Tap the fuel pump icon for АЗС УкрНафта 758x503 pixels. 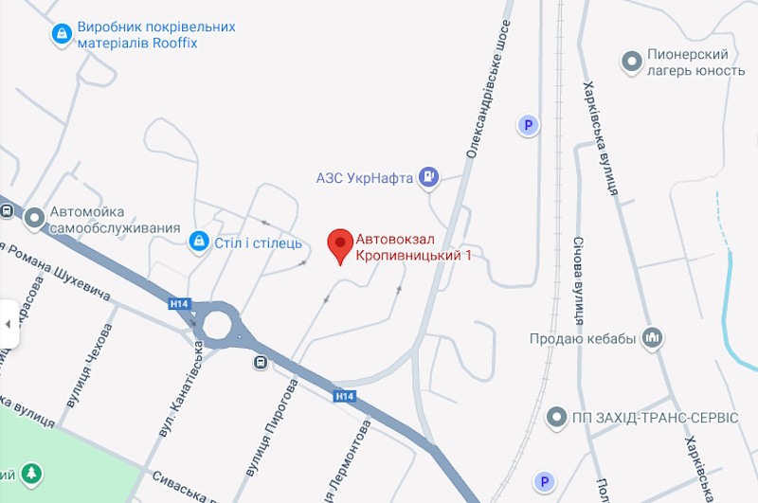(x=430, y=176)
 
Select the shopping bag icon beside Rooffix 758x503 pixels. (x=62, y=35)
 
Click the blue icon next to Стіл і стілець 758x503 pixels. (x=198, y=242)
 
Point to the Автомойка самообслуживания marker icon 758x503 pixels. (x=35, y=219)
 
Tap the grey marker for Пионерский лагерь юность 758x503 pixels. (x=631, y=63)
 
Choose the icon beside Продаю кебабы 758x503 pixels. (x=651, y=337)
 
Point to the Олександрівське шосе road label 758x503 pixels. (x=489, y=90)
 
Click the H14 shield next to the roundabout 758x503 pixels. (x=178, y=304)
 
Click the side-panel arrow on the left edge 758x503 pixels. (x=8, y=324)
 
